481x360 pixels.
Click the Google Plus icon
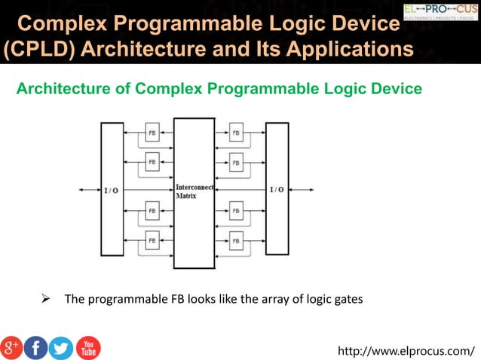(12, 346)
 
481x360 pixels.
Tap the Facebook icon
(35, 346)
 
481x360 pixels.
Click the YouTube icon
(87, 346)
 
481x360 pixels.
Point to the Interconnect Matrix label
(195, 191)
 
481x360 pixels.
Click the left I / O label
(110, 190)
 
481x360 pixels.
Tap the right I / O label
(277, 190)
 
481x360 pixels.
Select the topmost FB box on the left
(152, 133)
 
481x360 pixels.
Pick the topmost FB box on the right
(236, 133)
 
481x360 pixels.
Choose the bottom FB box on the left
(152, 241)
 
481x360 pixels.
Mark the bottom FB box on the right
(236, 241)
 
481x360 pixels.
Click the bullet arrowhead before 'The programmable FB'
(44, 299)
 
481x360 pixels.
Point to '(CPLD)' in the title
(38, 50)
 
